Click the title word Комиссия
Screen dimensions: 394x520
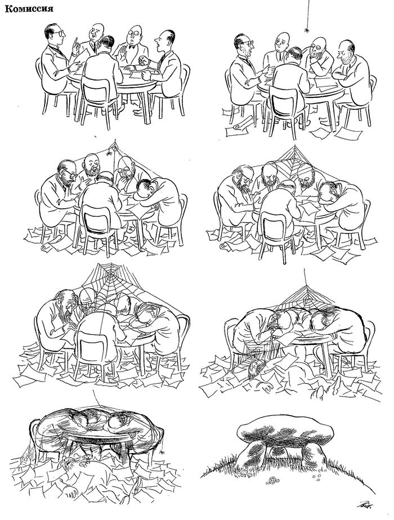29,9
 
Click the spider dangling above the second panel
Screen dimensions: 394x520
307,30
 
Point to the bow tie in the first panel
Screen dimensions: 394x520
133,47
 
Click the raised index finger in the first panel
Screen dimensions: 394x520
75,42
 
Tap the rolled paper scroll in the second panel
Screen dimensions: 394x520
238,127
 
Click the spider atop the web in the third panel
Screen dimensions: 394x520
109,153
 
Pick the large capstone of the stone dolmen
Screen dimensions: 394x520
285,431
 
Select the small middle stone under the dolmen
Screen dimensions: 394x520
279,454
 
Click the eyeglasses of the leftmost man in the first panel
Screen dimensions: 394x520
59,33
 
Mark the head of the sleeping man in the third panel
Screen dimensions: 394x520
144,187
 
